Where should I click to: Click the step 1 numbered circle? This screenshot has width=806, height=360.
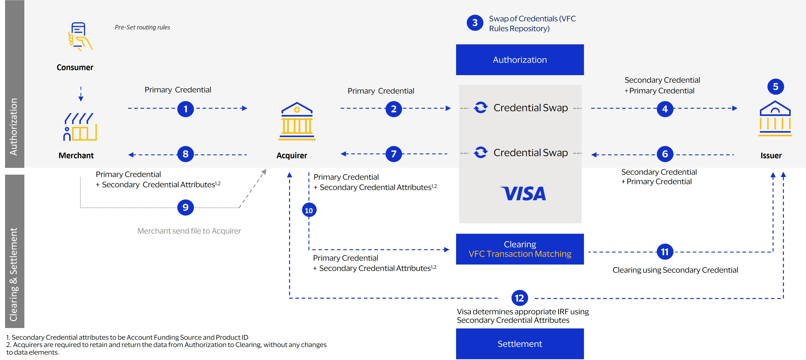pos(186,109)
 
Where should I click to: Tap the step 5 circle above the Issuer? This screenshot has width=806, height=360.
pos(775,87)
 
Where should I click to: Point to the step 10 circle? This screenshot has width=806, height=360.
pos(309,210)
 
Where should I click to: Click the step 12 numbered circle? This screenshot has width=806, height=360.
pos(519,298)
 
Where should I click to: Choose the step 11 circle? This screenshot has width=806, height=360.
pos(665,252)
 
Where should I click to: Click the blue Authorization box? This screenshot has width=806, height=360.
pos(520,60)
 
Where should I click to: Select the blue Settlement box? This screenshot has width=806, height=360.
pos(520,344)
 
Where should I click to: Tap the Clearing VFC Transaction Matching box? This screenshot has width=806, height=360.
pos(520,249)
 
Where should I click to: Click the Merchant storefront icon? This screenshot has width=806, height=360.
pos(80,127)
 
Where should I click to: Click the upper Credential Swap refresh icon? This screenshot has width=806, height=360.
pos(480,108)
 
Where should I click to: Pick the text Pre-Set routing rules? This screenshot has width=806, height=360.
pos(142,27)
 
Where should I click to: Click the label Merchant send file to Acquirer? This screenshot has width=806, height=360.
pos(189,231)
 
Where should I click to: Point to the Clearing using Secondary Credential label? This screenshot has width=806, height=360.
pos(675,270)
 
